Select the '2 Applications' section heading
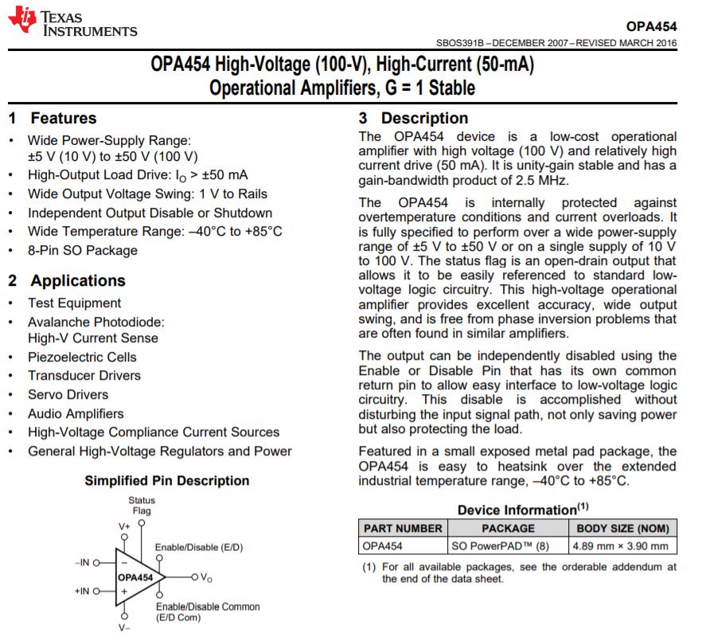click(x=67, y=280)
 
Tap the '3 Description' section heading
click(x=413, y=119)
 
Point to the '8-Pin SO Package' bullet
click(x=83, y=250)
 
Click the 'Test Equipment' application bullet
click(x=74, y=303)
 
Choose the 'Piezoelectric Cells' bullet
click(x=82, y=357)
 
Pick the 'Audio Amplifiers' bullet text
click(x=76, y=413)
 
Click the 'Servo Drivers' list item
click(x=68, y=394)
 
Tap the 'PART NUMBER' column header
click(x=403, y=528)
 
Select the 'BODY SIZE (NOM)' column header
click(x=622, y=528)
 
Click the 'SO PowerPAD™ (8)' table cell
click(x=501, y=546)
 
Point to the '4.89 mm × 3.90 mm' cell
click(x=621, y=546)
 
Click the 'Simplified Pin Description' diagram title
click(x=167, y=481)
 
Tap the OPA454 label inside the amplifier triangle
click(x=135, y=577)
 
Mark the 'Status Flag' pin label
click(x=142, y=506)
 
